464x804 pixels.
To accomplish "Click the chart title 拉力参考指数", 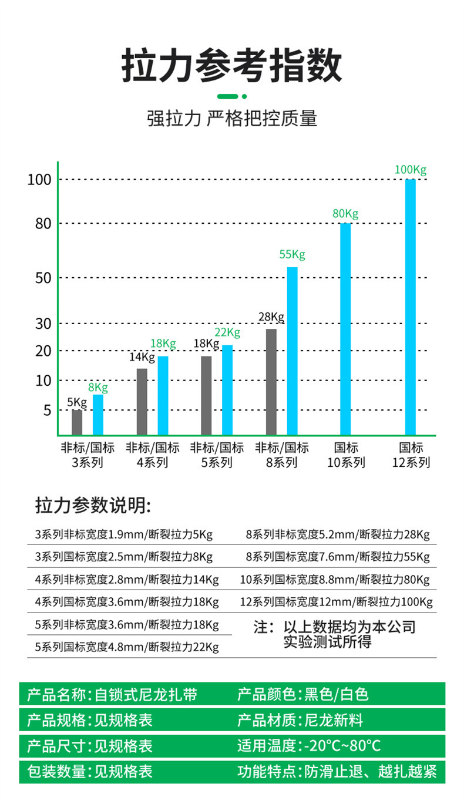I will [232, 66].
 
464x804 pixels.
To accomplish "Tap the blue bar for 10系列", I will [345, 329].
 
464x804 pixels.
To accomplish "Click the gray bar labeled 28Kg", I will [271, 382].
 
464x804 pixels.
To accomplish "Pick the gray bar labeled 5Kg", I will [77, 422].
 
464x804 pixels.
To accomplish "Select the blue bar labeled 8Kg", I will [98, 415].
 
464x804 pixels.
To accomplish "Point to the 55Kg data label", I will [292, 255].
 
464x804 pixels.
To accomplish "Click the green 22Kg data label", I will [227, 333].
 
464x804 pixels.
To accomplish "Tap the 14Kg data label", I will [142, 357].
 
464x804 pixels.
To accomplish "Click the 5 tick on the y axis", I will [47, 411].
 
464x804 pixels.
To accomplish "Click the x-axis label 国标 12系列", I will [411, 455].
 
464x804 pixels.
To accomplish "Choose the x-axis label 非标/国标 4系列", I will [152, 455].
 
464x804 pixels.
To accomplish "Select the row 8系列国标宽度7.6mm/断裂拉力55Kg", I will [338, 557].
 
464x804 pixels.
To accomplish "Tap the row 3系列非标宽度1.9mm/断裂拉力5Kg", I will [124, 535].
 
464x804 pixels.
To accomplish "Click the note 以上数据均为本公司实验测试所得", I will [335, 634].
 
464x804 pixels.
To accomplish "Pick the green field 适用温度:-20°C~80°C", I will [309, 746].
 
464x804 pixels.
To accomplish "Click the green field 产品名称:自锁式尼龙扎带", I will [112, 695].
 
